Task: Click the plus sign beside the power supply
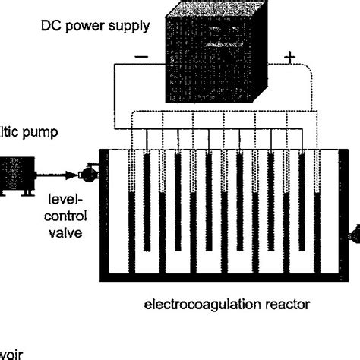click(x=290, y=57)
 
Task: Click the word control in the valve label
click(x=73, y=214)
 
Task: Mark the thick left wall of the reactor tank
click(x=106, y=216)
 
